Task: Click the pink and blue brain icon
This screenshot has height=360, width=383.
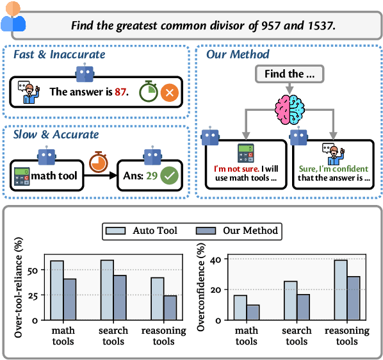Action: coord(288,106)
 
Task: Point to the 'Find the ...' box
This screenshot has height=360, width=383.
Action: coord(288,74)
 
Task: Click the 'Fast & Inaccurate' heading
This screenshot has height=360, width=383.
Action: coord(59,54)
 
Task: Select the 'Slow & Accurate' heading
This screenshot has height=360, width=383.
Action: coord(56,135)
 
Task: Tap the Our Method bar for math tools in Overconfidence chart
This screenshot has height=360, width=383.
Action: coord(252,312)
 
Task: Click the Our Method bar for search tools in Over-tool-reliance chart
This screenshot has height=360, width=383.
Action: coord(120,298)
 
